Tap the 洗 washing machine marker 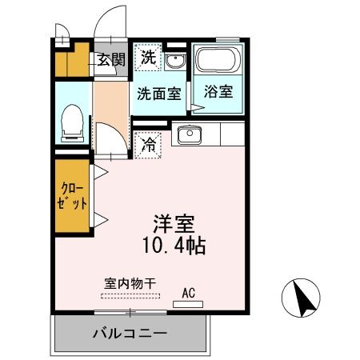point(148,57)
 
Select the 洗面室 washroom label point(158,92)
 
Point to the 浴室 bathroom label point(217,91)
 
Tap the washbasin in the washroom point(175,62)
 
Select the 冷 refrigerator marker point(148,145)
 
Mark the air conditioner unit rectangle point(189,304)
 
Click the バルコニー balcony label point(129,333)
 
